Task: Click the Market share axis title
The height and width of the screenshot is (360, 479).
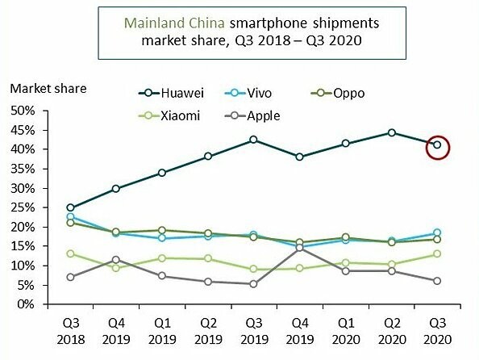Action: point(48,87)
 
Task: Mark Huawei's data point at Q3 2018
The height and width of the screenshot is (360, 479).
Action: point(70,207)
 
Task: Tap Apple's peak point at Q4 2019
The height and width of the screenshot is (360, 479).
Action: point(300,248)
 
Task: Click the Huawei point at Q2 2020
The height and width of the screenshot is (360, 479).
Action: point(391,132)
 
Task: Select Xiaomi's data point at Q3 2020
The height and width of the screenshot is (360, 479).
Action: point(437,253)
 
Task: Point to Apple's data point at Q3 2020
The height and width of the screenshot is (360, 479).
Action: point(437,281)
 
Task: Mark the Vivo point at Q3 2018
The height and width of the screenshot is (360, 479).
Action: point(70,217)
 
